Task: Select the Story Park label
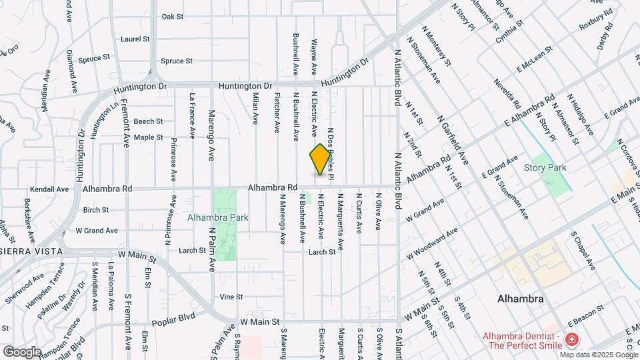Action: click(x=545, y=167)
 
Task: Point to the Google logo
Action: click(x=22, y=351)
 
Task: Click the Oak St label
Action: click(x=172, y=16)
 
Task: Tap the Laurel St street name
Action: click(x=135, y=39)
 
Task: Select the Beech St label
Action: click(x=148, y=121)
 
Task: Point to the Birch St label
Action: click(x=96, y=209)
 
